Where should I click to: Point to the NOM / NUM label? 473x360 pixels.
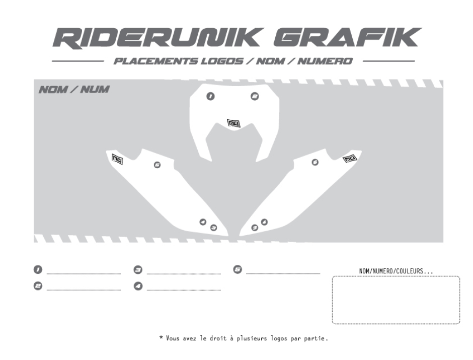pyautogui.click(x=73, y=90)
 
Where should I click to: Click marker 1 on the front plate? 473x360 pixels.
pyautogui.click(x=211, y=96)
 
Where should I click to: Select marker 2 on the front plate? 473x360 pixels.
pyautogui.click(x=255, y=96)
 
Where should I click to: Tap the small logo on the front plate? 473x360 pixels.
pyautogui.click(x=233, y=123)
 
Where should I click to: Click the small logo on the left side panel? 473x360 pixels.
pyautogui.click(x=117, y=159)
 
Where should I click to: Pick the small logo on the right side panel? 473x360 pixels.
pyautogui.click(x=349, y=159)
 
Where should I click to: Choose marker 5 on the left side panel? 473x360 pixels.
pyautogui.click(x=157, y=165)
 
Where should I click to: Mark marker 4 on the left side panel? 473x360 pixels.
pyautogui.click(x=203, y=222)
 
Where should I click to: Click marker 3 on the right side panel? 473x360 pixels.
pyautogui.click(x=255, y=228)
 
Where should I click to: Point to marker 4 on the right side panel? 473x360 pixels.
pyautogui.click(x=264, y=222)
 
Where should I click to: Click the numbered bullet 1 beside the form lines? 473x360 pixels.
pyautogui.click(x=37, y=270)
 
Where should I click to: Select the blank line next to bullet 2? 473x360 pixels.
pyautogui.click(x=84, y=290)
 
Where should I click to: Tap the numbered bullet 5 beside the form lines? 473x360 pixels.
pyautogui.click(x=238, y=270)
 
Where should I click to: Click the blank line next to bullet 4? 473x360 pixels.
pyautogui.click(x=184, y=290)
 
